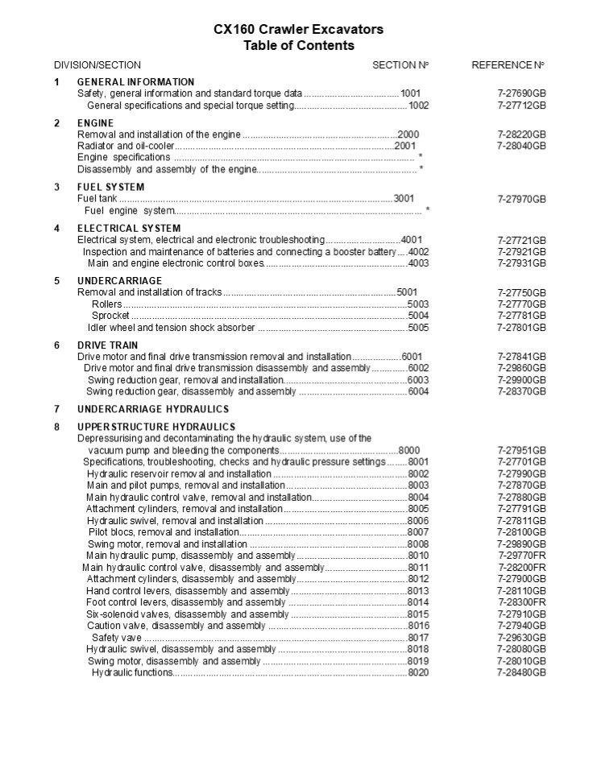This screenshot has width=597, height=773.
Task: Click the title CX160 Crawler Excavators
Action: [298, 30]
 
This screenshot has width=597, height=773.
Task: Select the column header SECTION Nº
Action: [400, 64]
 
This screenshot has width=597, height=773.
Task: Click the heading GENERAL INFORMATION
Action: [135, 82]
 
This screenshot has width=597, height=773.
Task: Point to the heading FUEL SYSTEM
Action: [110, 187]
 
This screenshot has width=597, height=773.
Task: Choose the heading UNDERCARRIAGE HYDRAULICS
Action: [142, 409]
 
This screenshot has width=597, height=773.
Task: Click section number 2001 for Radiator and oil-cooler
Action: [405, 146]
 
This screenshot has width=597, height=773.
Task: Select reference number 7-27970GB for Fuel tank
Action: [521, 199]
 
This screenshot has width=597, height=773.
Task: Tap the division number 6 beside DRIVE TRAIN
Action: [57, 345]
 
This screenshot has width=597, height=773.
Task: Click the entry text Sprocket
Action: [110, 316]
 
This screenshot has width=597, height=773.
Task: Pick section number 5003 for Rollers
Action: [418, 304]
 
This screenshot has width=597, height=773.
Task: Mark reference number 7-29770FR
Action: [521, 556]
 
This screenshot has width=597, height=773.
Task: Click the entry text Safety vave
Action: [118, 638]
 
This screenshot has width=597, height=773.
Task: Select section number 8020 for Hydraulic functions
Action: [418, 672]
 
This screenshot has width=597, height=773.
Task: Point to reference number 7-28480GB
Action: [521, 672]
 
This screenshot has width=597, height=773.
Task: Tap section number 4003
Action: [418, 263]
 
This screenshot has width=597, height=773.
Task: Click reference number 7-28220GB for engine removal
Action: [521, 134]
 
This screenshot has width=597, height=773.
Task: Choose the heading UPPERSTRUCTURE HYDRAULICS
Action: [156, 427]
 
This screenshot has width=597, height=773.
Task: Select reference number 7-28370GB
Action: [521, 391]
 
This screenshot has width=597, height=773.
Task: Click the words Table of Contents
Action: [298, 46]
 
